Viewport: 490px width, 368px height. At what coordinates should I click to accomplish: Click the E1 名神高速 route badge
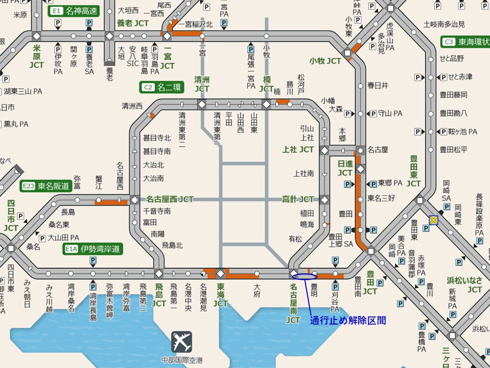click(74, 11)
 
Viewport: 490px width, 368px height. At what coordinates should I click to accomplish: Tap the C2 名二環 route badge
click(161, 87)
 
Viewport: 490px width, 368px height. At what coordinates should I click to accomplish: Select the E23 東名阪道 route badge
click(45, 186)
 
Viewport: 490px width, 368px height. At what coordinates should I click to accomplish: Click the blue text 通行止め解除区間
click(348, 321)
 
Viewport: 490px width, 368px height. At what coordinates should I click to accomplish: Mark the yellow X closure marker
click(434, 220)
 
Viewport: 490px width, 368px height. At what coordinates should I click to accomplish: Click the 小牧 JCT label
click(325, 61)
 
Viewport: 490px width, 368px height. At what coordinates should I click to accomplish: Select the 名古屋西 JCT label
click(170, 199)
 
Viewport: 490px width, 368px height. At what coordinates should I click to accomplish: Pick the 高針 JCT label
click(298, 199)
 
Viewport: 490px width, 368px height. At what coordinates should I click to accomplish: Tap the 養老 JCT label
click(132, 23)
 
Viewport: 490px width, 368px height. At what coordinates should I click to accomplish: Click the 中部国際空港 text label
click(181, 360)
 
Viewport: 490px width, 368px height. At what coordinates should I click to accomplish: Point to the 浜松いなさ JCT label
click(464, 285)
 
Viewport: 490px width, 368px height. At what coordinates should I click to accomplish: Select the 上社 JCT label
click(298, 150)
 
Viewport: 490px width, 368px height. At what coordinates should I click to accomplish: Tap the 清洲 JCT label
click(202, 84)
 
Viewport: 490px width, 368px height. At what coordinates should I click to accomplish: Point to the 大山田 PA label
click(63, 238)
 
